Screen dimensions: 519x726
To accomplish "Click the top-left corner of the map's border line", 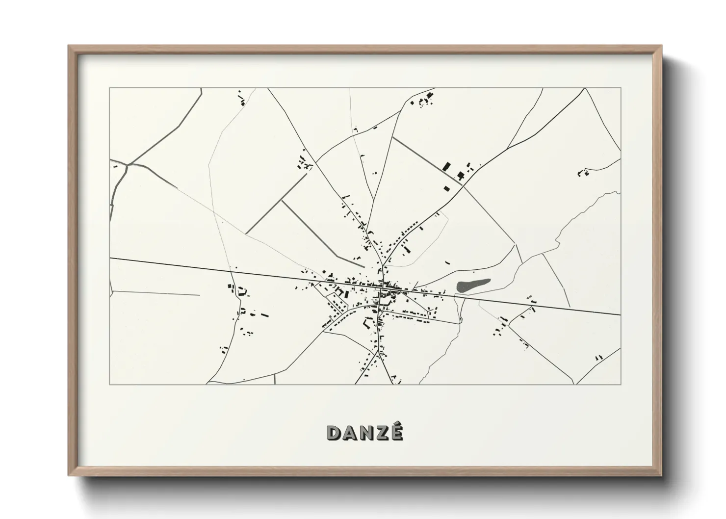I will point(110,88).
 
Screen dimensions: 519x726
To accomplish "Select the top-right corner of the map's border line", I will point(621,88).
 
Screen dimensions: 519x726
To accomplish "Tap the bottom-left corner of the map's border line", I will point(110,384).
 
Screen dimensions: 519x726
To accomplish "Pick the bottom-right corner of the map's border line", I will point(621,384).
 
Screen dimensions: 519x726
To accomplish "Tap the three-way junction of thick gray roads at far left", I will point(128,165).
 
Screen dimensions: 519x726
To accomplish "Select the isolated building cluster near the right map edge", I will point(583,172).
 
